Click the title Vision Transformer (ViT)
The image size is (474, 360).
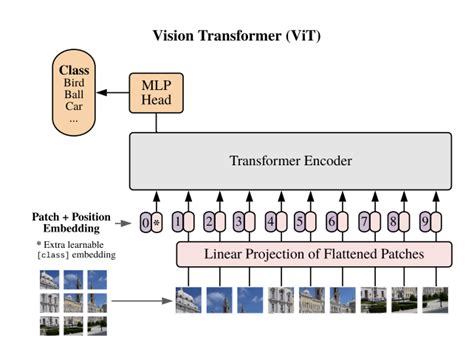tap(236, 36)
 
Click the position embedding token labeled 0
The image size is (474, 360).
tap(145, 221)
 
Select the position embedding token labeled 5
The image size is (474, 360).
tap(300, 221)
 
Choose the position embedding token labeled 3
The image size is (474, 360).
tap(238, 221)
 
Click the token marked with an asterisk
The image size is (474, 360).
tap(157, 221)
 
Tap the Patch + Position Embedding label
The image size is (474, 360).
tap(63, 220)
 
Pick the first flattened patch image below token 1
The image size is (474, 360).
tap(189, 298)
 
